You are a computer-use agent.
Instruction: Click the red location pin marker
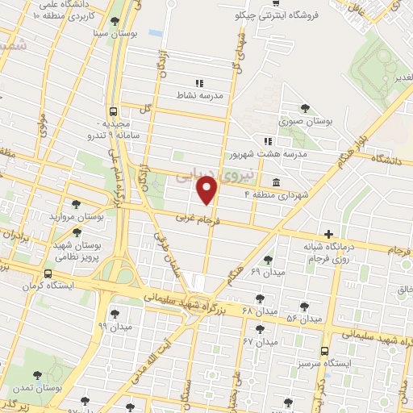(208, 190)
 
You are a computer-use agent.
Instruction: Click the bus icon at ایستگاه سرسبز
(324, 351)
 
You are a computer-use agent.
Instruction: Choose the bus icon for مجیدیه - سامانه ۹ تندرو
(113, 112)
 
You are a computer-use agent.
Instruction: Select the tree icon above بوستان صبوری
(304, 108)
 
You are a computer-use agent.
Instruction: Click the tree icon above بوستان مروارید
(77, 205)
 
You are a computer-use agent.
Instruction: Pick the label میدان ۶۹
(269, 272)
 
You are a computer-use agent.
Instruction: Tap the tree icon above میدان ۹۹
(114, 313)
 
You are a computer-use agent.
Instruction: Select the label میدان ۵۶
(304, 319)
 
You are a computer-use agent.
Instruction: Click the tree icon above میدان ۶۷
(259, 329)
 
